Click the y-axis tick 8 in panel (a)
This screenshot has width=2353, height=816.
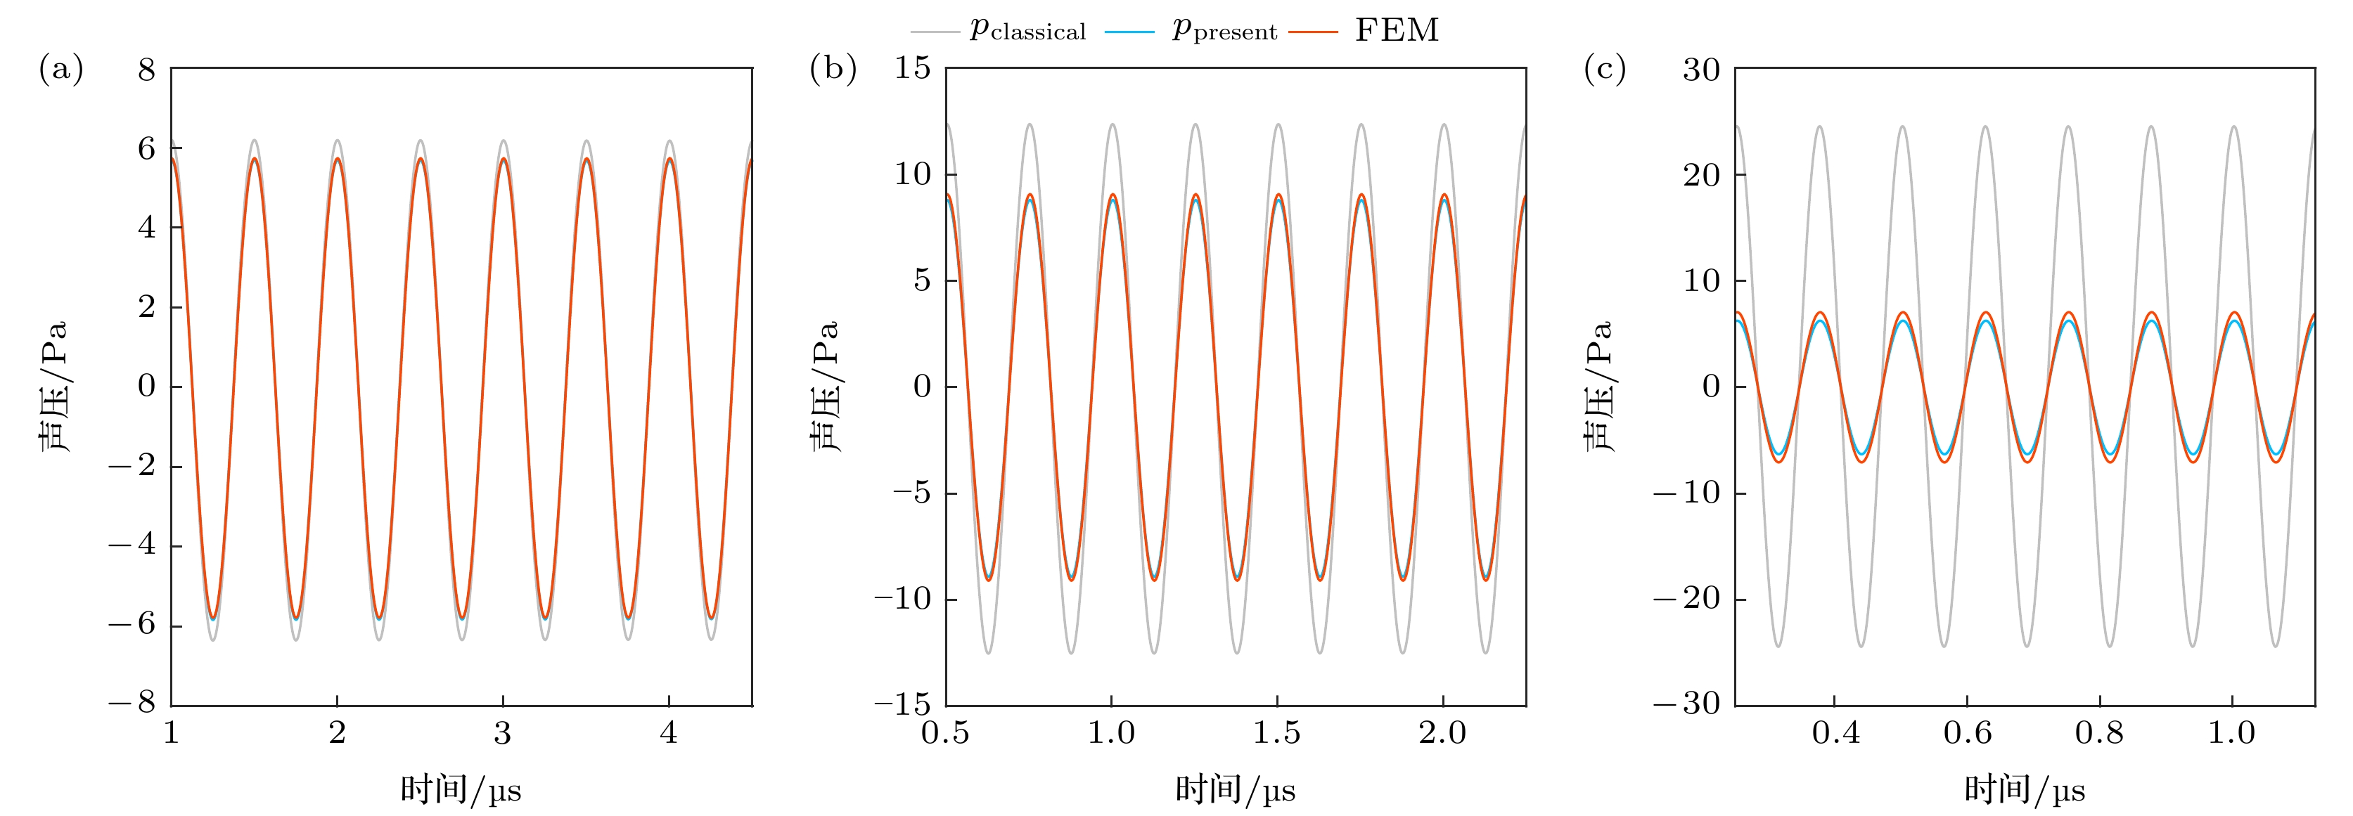147,70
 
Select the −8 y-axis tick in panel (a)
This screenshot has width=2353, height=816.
132,704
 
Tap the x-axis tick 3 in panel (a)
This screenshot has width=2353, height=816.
502,733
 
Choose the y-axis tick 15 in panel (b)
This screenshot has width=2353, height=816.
911,67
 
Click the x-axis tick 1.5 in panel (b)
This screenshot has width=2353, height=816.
1276,733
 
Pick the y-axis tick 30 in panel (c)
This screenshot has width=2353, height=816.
1701,70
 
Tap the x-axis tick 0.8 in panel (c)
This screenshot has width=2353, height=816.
2099,733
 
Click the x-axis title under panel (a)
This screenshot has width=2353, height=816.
461,789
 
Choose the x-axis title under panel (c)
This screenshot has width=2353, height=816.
2024,789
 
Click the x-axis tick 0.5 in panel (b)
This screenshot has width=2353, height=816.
944,733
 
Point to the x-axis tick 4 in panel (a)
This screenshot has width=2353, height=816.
669,733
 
